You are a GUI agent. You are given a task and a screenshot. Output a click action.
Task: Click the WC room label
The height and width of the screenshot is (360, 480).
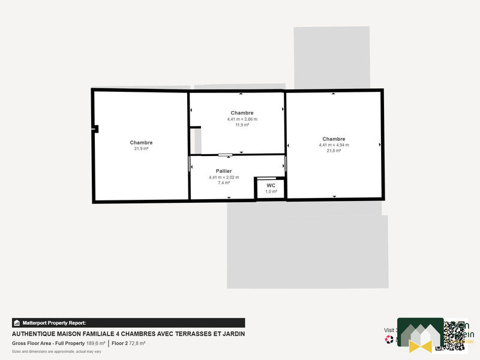click(271, 185)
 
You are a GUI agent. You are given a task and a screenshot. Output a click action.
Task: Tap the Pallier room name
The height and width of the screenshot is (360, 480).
click(224, 171)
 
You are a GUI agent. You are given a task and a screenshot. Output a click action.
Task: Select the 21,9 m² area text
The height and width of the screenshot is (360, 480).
click(141, 148)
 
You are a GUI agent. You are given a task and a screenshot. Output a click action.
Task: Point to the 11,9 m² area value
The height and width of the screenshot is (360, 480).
click(242, 125)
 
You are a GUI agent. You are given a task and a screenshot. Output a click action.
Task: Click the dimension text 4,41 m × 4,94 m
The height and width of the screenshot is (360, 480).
click(334, 145)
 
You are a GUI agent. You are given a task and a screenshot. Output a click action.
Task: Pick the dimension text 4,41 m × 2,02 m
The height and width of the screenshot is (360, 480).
click(224, 177)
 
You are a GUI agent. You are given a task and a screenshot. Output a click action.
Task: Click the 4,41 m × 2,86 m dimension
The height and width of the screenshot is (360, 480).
click(242, 119)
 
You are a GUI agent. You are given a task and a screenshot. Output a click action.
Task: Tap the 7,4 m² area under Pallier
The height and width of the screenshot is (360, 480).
click(224, 182)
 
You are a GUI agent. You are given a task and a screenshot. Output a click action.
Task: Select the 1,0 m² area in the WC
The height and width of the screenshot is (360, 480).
click(271, 191)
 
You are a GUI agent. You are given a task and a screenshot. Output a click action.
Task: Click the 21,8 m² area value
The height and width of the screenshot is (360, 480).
click(334, 151)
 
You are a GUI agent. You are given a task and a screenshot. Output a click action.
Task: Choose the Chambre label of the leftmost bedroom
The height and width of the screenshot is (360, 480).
click(141, 142)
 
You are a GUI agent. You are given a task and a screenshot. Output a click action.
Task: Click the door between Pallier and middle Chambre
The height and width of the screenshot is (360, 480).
click(225, 155)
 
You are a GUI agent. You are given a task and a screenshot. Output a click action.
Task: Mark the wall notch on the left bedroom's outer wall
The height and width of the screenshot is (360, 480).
click(95, 128)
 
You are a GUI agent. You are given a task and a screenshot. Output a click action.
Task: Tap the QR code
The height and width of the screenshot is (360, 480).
click(455, 335)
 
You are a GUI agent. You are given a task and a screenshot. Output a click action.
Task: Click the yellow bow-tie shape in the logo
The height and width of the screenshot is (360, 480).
click(420, 345)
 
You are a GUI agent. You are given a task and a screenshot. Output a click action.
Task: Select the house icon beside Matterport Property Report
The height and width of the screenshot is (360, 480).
click(16, 323)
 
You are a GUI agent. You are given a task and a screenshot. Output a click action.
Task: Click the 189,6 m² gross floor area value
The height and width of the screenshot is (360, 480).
click(96, 343)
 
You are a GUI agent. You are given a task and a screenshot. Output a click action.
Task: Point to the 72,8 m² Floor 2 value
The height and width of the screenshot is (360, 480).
click(137, 343)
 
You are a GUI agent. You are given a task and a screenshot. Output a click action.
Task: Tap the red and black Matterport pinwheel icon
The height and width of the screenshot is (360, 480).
click(389, 339)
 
